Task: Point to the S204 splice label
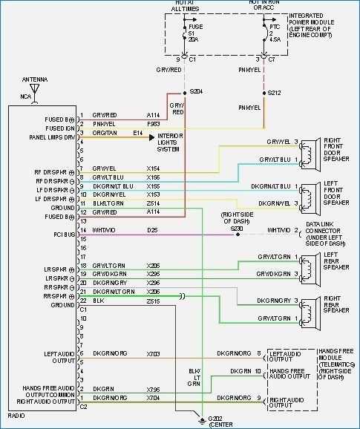coord(196,92)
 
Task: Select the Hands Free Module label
coord(336,364)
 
